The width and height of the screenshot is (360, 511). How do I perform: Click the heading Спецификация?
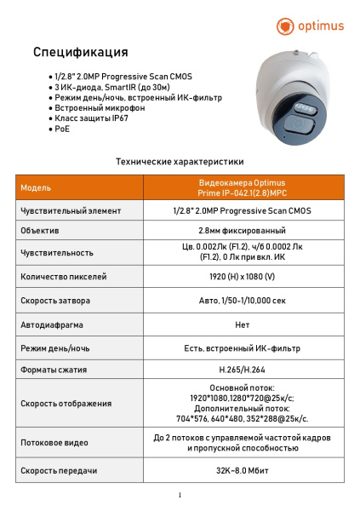81,53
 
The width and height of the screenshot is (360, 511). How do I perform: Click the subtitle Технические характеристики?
180,161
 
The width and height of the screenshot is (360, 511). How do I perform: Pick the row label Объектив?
40,231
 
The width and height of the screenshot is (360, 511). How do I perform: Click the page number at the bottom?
180,495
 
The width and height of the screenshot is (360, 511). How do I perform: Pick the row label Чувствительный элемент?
70,210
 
